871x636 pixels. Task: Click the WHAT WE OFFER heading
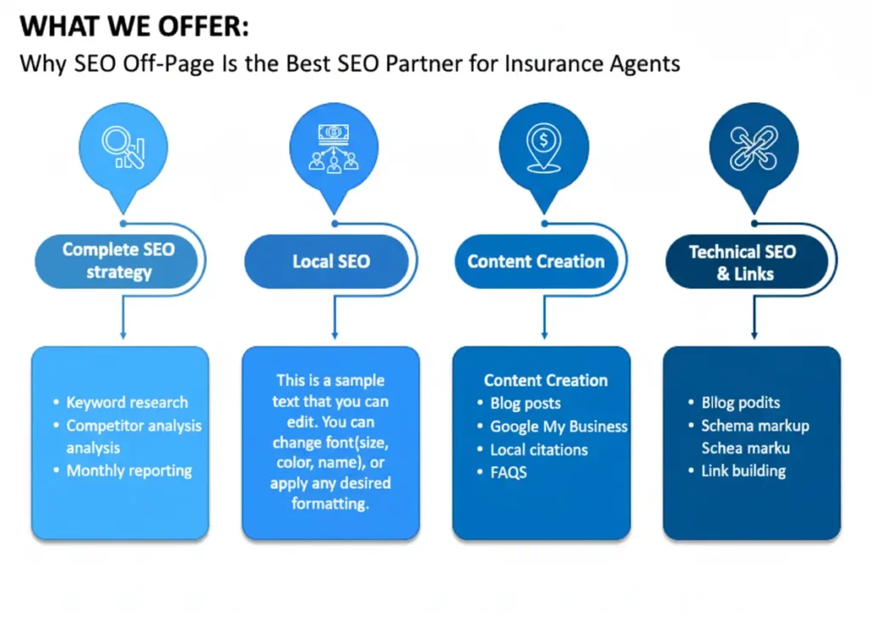click(134, 27)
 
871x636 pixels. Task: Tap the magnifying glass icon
click(122, 147)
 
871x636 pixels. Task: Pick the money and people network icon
click(333, 147)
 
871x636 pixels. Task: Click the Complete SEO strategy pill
click(118, 261)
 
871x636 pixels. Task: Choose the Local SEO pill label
click(331, 261)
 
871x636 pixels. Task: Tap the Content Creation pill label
click(536, 261)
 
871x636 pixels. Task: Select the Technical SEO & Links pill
click(743, 262)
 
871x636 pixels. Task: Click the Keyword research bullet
click(127, 403)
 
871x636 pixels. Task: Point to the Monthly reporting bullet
click(129, 471)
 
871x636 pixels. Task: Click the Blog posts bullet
click(525, 404)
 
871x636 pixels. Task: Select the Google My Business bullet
click(559, 427)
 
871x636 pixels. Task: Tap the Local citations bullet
click(538, 450)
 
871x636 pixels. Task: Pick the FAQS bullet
click(509, 472)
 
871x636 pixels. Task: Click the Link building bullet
click(743, 471)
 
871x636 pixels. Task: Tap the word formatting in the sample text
click(330, 503)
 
